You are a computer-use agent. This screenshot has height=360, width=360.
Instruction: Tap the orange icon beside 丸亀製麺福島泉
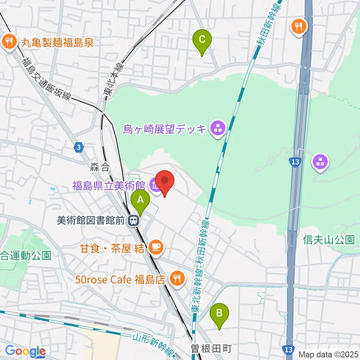[9, 41]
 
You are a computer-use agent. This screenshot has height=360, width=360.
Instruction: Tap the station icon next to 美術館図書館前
[132, 221]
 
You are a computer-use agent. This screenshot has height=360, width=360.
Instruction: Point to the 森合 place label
[99, 167]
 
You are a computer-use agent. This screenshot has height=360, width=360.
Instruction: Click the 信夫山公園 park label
[329, 240]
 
